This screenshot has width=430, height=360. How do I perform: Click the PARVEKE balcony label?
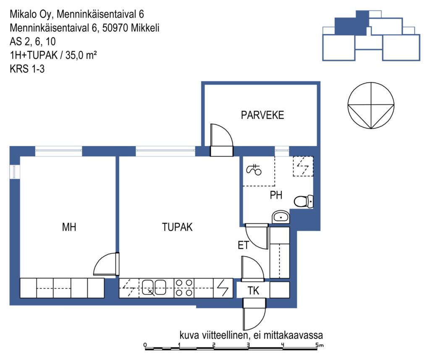click(262, 115)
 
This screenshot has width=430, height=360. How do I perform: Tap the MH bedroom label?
click(69, 227)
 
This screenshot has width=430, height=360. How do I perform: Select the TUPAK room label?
click(177, 227)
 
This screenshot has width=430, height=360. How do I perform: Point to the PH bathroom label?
click(276, 195)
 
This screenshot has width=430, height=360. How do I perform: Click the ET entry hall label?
click(244, 245)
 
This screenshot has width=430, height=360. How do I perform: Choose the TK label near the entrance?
click(253, 291)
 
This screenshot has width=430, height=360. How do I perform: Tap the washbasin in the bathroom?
click(281, 217)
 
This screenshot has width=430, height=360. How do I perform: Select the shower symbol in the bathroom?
click(254, 170)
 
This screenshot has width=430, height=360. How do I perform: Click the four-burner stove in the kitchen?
click(184, 288)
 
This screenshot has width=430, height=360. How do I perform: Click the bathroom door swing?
click(257, 236)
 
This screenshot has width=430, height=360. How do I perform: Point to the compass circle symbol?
click(371, 105)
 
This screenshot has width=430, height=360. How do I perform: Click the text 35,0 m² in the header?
click(81, 55)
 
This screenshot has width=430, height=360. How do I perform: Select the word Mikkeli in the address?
click(145, 28)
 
